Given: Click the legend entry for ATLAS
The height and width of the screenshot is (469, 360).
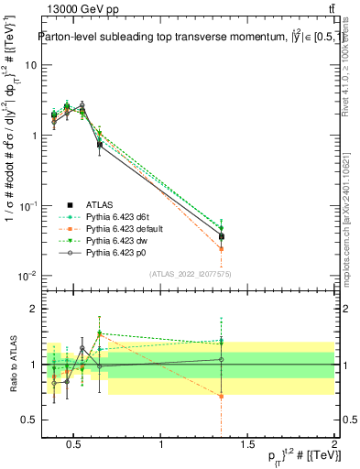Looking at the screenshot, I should click(x=99, y=205).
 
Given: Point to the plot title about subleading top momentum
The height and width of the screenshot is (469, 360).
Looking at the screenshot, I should click(x=188, y=38).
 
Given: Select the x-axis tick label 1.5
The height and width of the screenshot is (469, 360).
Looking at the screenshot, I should click(x=247, y=445).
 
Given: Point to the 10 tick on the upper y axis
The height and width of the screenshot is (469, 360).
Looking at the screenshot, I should click(x=29, y=65).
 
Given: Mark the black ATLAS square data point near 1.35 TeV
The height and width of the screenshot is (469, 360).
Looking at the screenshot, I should click(x=221, y=236).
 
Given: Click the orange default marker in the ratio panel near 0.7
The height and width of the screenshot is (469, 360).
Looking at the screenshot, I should click(x=221, y=397).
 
